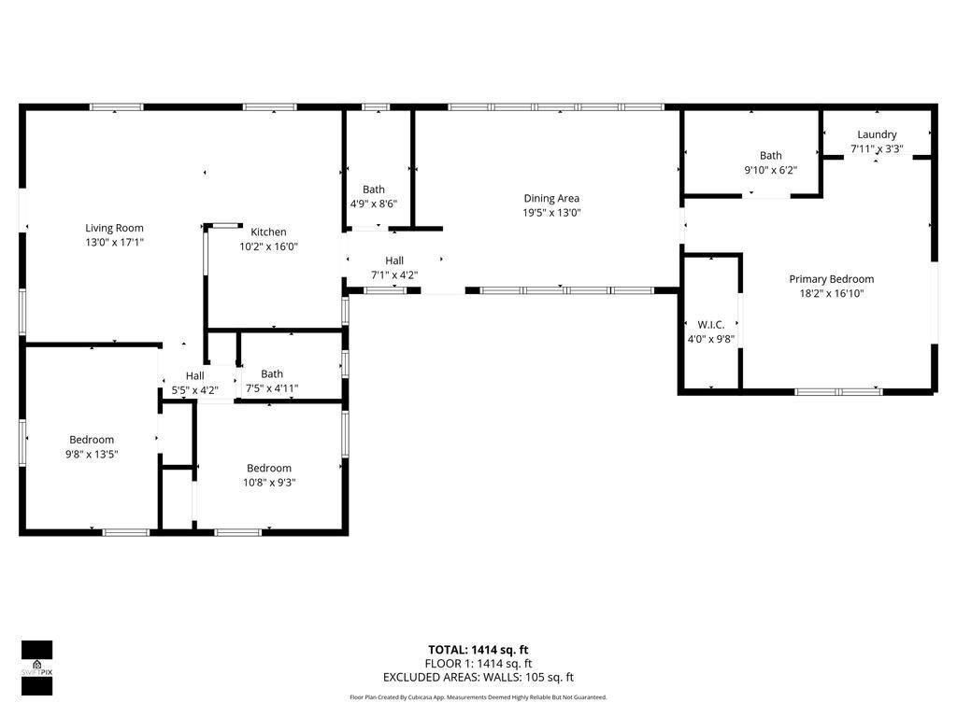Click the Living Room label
pos(114,228)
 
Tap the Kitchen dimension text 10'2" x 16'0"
pos(268,246)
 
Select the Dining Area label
pos(551,198)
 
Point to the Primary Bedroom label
pos(831,279)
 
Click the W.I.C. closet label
pos(711,325)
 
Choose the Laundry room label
pos(877,134)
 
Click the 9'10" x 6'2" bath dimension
pos(770,171)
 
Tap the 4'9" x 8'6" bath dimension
pos(374,204)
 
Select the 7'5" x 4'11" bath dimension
pos(272,388)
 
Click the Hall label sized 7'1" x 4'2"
pos(394,260)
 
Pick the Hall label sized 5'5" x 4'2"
pos(194,375)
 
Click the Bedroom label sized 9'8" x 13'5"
pos(92,440)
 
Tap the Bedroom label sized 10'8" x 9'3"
pos(269,468)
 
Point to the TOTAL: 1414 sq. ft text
pos(478,650)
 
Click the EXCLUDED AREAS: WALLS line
pos(478,678)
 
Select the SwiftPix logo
pos(36,668)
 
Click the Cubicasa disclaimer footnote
pos(478,697)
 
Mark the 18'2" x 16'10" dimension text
pos(831,293)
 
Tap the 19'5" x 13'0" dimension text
pos(551,212)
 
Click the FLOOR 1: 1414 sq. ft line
pos(478,664)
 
